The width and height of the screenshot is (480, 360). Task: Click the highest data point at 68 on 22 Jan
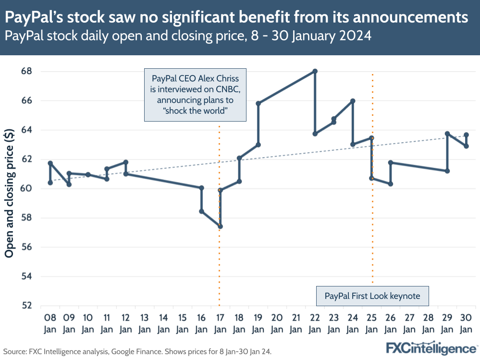pyautogui.click(x=315, y=71)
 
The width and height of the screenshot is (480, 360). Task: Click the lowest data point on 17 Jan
pyautogui.click(x=220, y=226)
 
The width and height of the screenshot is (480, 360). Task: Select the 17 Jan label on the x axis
pyautogui.click(x=220, y=323)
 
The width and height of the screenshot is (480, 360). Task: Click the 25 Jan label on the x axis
pyautogui.click(x=371, y=323)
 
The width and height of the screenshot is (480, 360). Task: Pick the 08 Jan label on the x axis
pyautogui.click(x=50, y=323)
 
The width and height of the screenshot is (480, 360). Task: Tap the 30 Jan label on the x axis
pyautogui.click(x=466, y=323)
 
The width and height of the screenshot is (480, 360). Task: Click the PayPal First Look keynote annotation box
pyautogui.click(x=372, y=296)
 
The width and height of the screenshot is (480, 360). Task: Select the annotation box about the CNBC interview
pyautogui.click(x=195, y=95)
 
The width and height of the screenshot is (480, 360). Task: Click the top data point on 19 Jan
pyautogui.click(x=258, y=103)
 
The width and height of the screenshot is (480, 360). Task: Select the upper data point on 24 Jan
pyautogui.click(x=353, y=101)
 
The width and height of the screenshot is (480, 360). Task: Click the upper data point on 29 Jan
pyautogui.click(x=447, y=134)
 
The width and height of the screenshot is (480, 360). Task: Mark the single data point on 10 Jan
pyautogui.click(x=88, y=174)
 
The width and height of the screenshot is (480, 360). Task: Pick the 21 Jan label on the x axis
pyautogui.click(x=296, y=323)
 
